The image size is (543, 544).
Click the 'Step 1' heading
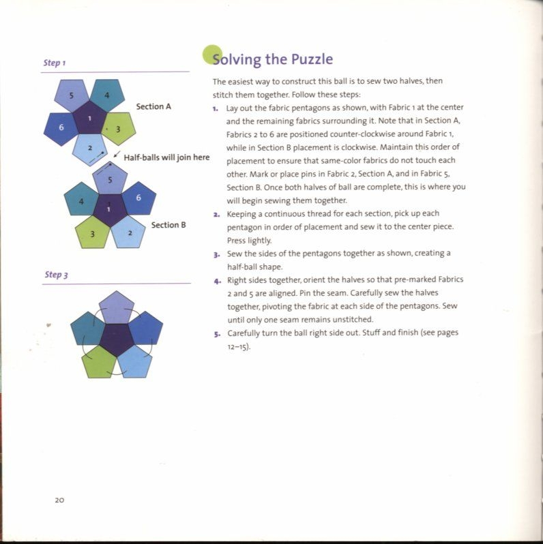click(54, 63)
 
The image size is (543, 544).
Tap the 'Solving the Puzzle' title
click(272, 59)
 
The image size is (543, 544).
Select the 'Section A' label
click(153, 106)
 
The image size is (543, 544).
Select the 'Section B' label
click(168, 224)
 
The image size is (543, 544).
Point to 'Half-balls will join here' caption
click(166, 158)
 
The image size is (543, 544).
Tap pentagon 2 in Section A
click(89, 148)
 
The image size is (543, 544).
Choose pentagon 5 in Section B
click(109, 179)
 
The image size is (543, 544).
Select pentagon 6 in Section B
click(138, 198)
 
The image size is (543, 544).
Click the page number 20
click(59, 500)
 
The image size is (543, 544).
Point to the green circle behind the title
click(213, 55)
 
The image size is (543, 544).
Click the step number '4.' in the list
click(216, 280)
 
